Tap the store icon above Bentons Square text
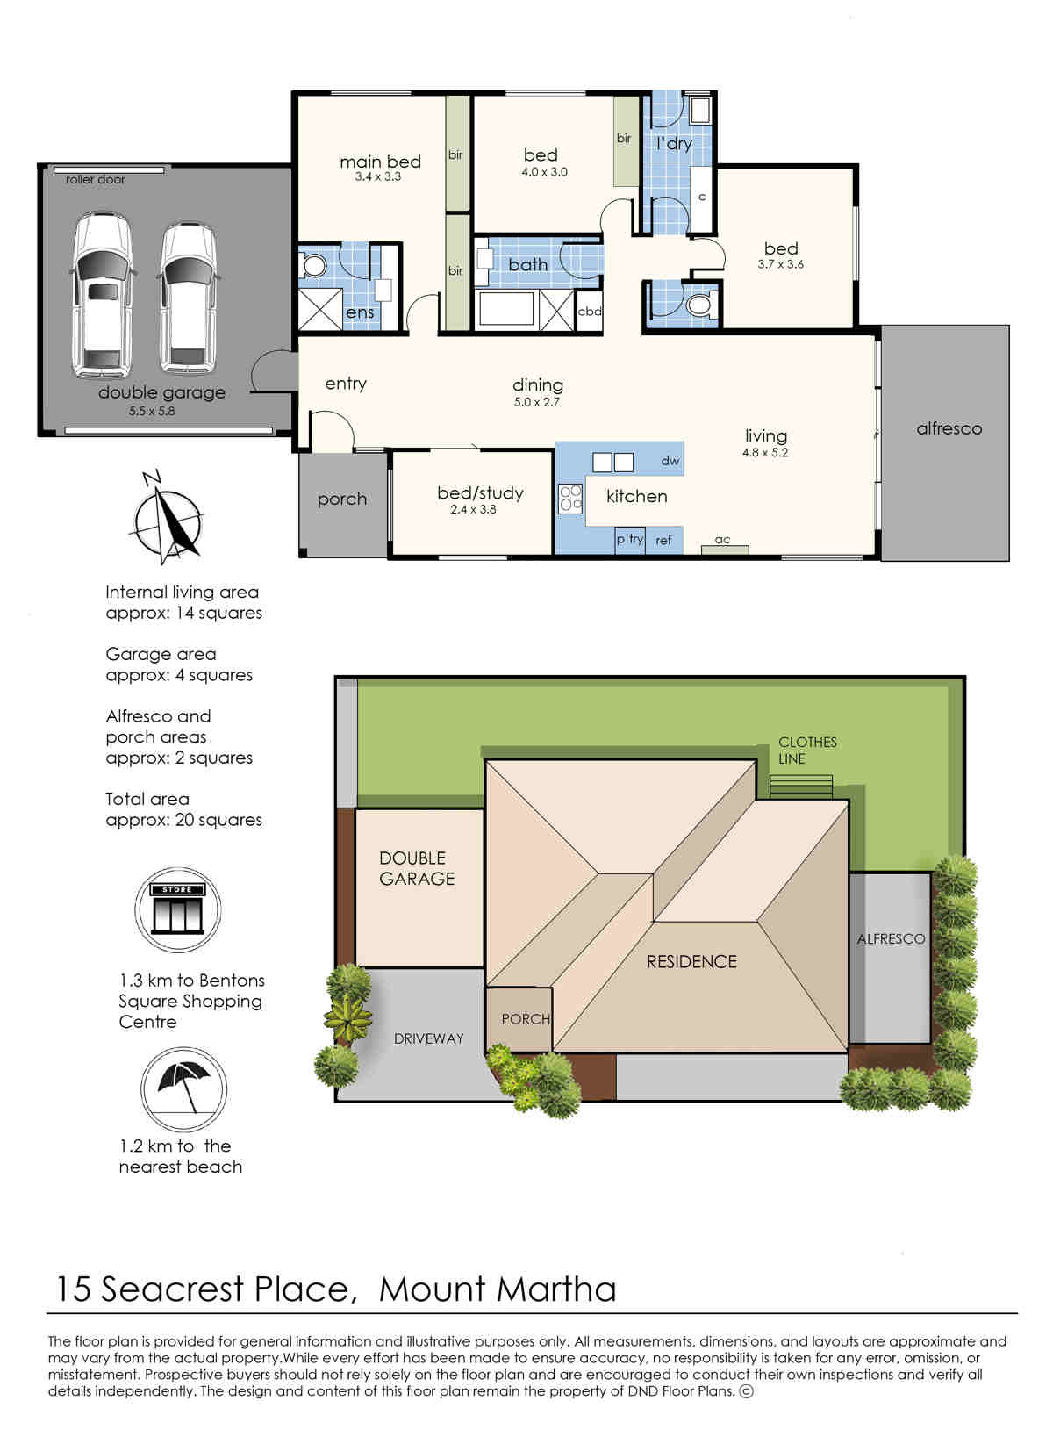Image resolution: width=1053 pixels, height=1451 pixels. (x=177, y=909)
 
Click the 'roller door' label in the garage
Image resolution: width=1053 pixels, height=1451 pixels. (x=95, y=179)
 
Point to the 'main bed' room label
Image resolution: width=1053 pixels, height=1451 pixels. (x=380, y=162)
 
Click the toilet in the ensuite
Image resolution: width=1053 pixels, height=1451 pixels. (x=313, y=265)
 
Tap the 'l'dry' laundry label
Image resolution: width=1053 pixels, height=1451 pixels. (x=674, y=143)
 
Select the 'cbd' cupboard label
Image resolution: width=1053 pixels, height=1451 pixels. (x=590, y=311)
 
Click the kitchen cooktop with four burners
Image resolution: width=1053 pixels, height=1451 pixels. (x=570, y=498)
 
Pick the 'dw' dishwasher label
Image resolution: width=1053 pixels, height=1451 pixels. (x=670, y=461)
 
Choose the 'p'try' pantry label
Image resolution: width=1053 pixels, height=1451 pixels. (x=629, y=539)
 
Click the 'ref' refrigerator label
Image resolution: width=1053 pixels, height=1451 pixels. (x=663, y=540)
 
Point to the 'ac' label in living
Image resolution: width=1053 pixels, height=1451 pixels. (x=723, y=540)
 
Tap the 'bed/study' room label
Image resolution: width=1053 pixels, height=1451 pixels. (x=480, y=493)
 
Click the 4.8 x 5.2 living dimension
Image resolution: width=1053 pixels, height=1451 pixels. (x=765, y=452)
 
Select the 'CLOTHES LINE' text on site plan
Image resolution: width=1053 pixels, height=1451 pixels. (x=807, y=751)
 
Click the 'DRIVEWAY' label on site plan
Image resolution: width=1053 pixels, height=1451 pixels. (x=429, y=1038)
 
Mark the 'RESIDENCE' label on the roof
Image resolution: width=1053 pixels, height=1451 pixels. (x=691, y=962)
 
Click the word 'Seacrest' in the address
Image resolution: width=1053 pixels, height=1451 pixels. (x=172, y=1289)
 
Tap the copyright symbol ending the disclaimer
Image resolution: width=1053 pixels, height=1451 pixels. (x=746, y=1390)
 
